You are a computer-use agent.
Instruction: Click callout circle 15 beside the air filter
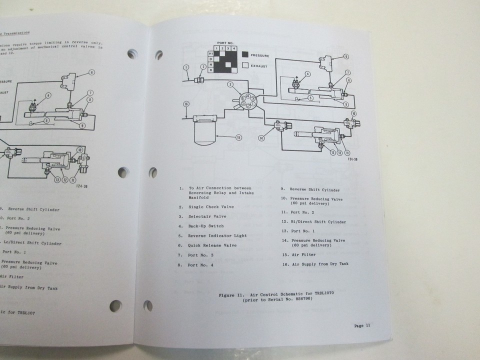238,138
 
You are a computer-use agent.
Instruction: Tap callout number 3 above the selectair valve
230,85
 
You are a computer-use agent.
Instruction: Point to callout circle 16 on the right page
186,104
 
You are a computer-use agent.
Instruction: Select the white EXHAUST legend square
245,65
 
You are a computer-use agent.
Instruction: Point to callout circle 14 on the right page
260,137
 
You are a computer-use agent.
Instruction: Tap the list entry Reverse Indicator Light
217,235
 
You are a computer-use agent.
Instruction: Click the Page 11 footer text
362,325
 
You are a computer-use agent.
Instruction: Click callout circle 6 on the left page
91,72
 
